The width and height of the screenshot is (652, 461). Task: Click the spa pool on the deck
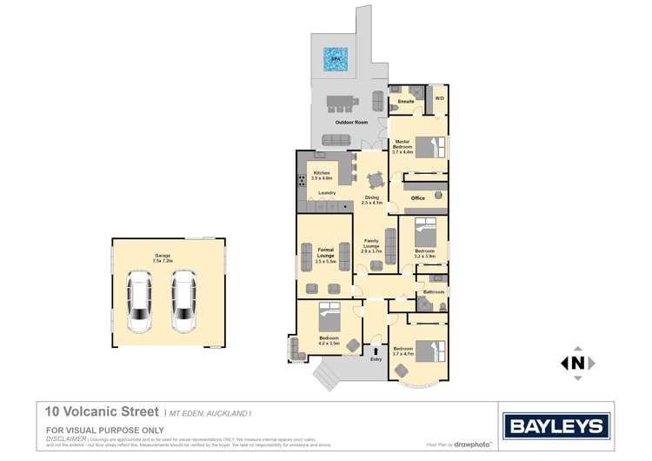click(336, 59)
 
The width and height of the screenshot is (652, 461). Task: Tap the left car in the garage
click(139, 301)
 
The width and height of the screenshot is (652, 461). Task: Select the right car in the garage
click(183, 301)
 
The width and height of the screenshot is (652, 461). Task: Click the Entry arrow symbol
click(376, 350)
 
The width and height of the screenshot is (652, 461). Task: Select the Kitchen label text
click(322, 173)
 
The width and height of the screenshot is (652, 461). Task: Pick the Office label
click(418, 198)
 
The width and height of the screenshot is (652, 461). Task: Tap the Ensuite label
click(405, 103)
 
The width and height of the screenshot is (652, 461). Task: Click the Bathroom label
click(433, 291)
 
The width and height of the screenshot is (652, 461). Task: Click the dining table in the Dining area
click(375, 181)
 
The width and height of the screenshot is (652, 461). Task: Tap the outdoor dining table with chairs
click(341, 102)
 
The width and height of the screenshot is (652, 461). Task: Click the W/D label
click(439, 98)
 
